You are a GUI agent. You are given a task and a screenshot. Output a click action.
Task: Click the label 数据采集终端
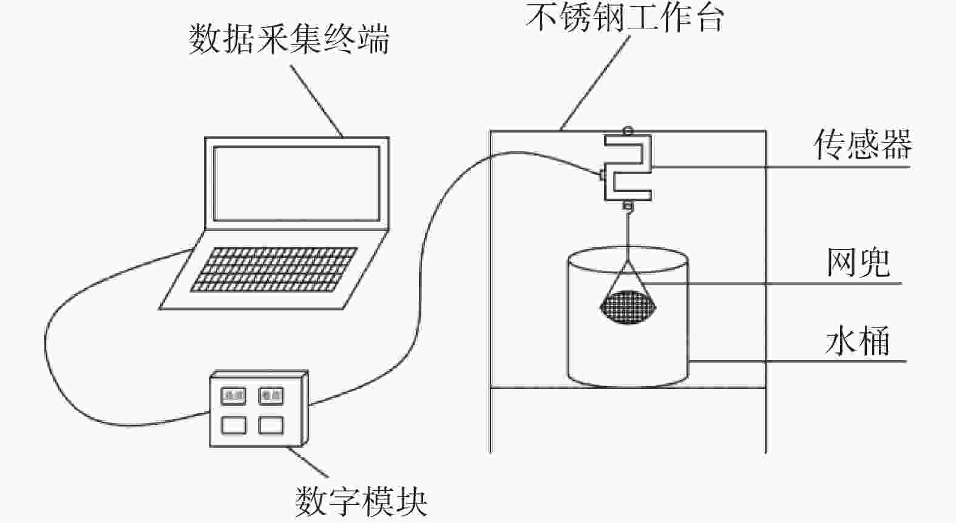(x=289, y=40)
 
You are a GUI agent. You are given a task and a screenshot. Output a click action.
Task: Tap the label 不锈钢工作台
(x=625, y=18)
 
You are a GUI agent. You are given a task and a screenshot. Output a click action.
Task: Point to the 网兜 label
(x=858, y=262)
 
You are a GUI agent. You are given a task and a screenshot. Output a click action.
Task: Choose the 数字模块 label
(x=362, y=501)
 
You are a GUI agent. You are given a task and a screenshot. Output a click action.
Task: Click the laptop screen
(x=296, y=183)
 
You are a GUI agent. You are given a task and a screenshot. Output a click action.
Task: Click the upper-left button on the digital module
(x=234, y=396)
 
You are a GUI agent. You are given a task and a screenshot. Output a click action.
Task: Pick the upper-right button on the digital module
(x=271, y=396)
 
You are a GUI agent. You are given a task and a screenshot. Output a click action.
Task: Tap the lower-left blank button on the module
(x=234, y=425)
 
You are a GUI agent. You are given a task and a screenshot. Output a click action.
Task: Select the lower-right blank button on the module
(x=271, y=425)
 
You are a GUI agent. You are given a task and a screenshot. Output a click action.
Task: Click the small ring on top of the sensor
(x=628, y=130)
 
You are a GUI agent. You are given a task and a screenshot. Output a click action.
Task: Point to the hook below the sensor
(x=628, y=207)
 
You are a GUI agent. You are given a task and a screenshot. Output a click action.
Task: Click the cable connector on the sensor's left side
(x=602, y=176)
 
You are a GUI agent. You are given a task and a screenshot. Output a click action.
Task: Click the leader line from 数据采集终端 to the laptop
(x=316, y=100)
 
